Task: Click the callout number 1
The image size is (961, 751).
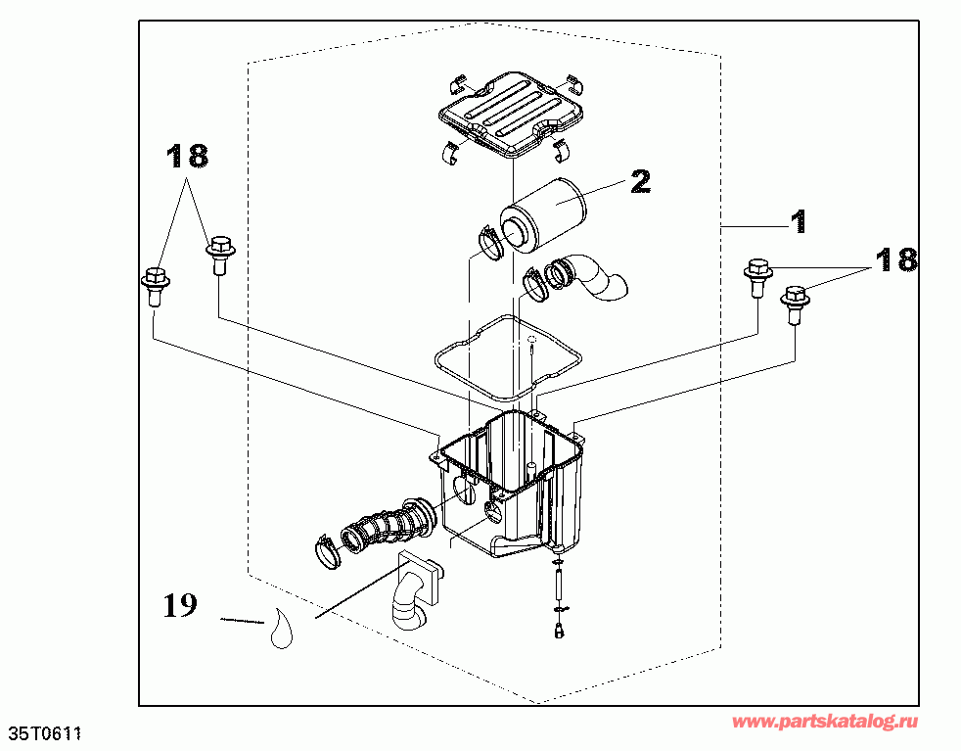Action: point(800,221)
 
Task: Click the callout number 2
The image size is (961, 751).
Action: point(640,181)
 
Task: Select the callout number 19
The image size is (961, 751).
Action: point(180,606)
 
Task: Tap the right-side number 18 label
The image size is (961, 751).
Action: point(895,259)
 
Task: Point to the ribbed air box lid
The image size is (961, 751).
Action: point(512,109)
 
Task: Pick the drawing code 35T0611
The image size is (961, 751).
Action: point(45,733)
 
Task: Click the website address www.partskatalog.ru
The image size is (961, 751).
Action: point(825,722)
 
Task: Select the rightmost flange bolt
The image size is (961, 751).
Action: point(796,300)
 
